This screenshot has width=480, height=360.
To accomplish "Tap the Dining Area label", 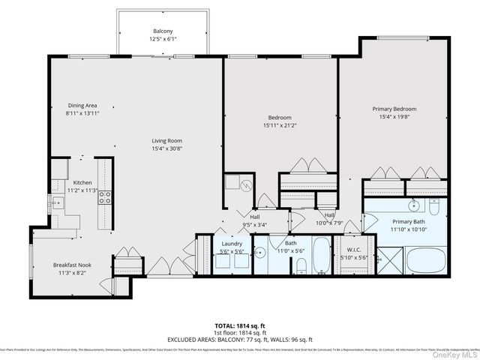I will [82, 106].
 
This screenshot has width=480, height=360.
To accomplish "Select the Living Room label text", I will [167, 141].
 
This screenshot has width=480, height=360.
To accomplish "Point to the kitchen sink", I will [55, 202].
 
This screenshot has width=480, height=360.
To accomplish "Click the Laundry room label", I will [231, 244].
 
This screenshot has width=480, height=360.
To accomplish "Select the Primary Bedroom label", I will [394, 109].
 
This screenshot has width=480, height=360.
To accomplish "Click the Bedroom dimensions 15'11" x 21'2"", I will [281, 125].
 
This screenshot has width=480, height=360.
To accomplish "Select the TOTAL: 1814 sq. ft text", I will [240, 326].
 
